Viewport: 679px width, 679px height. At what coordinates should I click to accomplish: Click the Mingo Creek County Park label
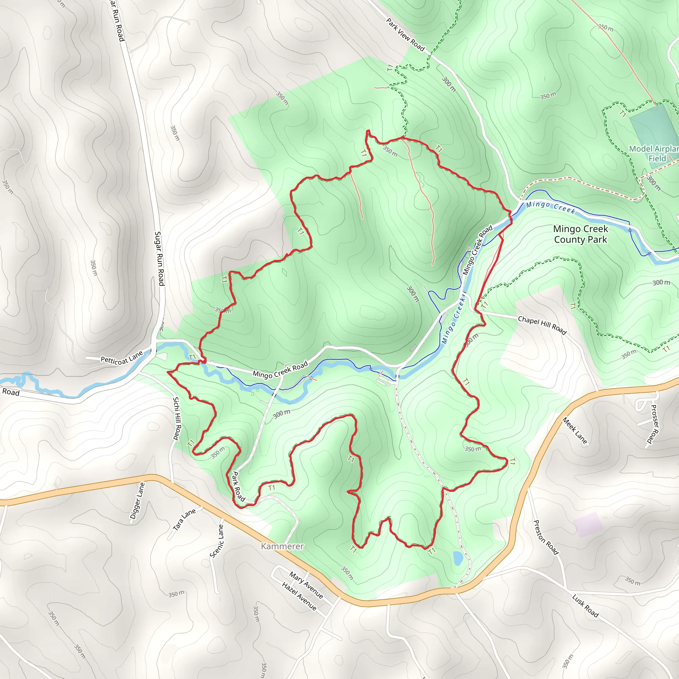tap(580, 234)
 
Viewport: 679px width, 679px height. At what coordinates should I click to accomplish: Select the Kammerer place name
tap(282, 546)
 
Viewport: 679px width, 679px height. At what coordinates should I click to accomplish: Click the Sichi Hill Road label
tap(177, 418)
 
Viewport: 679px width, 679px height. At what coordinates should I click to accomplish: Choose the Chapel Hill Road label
tap(542, 325)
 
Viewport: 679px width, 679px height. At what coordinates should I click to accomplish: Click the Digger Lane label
tap(137, 501)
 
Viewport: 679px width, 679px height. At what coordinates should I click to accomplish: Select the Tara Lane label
tap(184, 520)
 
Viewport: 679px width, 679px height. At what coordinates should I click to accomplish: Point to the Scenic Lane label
tap(216, 541)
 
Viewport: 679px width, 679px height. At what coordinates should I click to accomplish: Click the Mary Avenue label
tap(306, 585)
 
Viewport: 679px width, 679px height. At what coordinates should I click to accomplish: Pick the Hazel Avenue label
tap(299, 596)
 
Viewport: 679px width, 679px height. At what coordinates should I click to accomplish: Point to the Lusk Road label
tap(585, 605)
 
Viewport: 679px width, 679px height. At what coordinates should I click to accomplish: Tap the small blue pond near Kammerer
tap(458, 558)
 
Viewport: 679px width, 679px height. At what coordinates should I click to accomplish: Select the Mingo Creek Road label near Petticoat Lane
tap(280, 369)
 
